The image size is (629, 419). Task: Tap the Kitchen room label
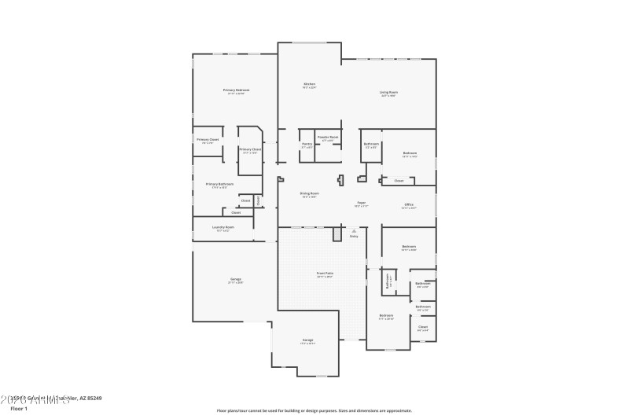tap(309, 84)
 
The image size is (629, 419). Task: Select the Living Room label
tap(388, 93)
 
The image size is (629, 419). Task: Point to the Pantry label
tap(307, 144)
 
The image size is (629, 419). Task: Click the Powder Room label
tap(328, 138)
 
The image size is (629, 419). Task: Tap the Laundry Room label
tap(223, 227)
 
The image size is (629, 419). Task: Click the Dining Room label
tap(309, 193)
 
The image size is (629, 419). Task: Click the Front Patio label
tap(325, 274)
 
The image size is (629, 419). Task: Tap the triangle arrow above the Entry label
tap(354, 230)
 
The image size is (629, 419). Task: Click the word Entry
tap(354, 236)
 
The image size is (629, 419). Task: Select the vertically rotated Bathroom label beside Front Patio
tap(388, 280)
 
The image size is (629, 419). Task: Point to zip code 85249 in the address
tap(93, 399)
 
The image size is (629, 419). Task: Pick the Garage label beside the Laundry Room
tap(235, 280)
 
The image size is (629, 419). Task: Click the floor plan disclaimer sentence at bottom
tap(314, 410)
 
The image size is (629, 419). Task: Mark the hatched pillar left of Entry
tap(337, 234)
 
